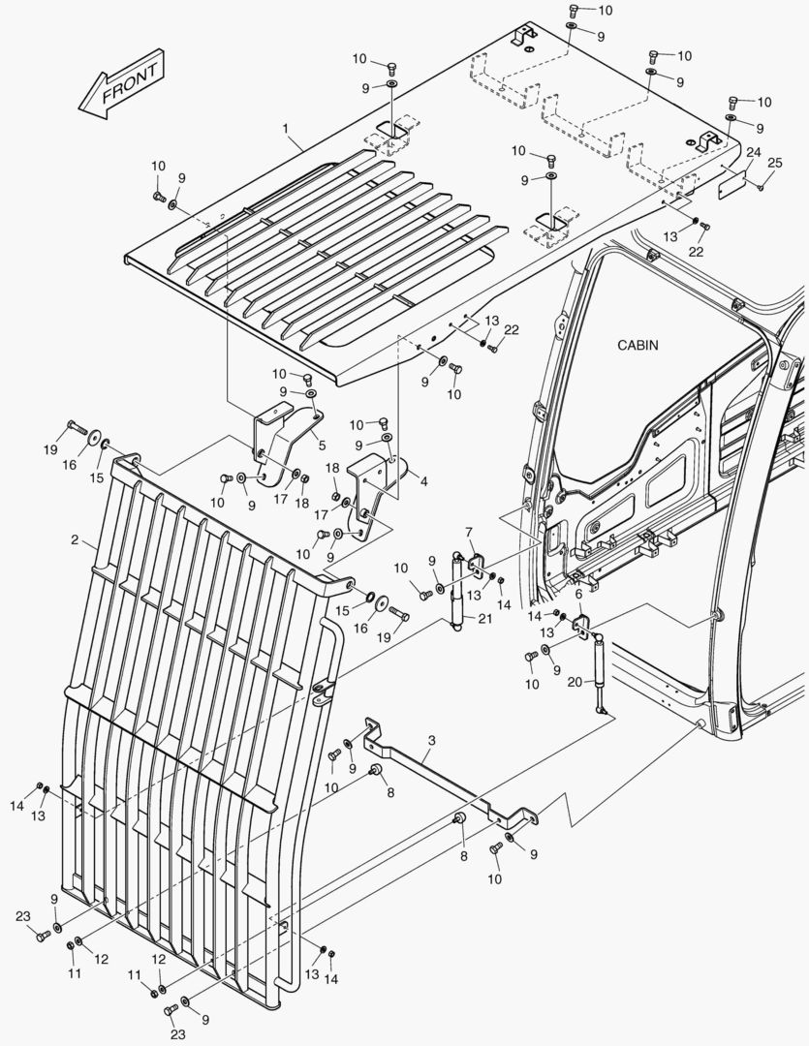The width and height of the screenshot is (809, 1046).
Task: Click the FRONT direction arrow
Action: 121,85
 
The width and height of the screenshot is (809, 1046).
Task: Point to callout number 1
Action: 286,129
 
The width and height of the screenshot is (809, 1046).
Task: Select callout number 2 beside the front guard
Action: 75,539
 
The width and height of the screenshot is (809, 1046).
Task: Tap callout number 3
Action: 431,741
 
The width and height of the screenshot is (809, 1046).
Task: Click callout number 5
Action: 322,446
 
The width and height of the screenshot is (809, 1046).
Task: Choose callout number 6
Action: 578,595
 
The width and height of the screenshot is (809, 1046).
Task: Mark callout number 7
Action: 469,532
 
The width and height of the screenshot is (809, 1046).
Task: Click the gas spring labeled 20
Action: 599,672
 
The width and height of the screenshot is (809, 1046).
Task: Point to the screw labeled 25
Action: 761,188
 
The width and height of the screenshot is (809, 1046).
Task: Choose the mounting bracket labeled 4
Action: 373,484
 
